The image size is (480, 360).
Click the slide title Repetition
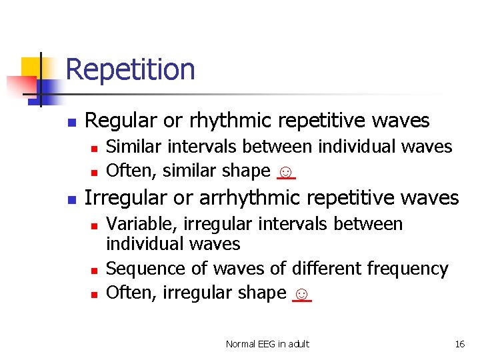point(131,69)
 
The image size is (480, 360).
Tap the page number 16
point(459,344)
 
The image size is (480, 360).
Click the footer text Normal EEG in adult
point(267,344)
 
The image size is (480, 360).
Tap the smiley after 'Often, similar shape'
point(285,171)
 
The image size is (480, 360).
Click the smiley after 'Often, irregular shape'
point(301,293)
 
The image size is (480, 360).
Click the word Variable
point(137,224)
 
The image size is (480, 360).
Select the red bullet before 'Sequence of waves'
point(95,270)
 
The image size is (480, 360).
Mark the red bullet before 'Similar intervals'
point(95,148)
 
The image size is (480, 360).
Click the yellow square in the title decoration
point(31,68)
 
